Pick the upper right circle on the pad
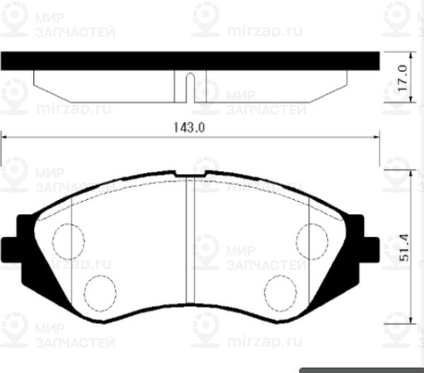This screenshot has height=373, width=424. pyautogui.click(x=311, y=239)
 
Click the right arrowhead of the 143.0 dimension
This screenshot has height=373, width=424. pyautogui.click(x=376, y=138)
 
